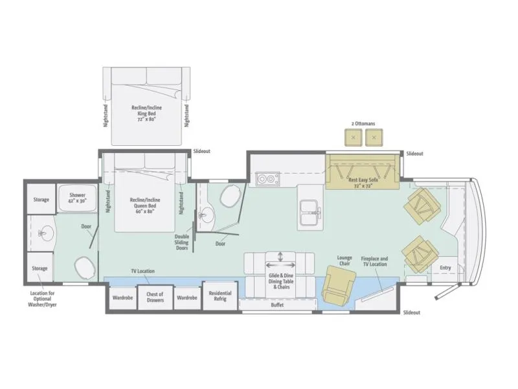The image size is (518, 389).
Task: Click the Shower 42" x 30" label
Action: point(78,198)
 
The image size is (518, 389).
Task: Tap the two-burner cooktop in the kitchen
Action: point(268,179)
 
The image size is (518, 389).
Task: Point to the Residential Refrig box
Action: point(220,296)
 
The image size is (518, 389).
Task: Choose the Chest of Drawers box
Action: point(155,297)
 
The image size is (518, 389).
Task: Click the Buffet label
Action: point(277,305)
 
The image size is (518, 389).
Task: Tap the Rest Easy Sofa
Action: point(363,172)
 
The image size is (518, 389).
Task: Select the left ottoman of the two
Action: point(354,137)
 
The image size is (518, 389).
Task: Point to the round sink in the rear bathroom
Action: point(45,233)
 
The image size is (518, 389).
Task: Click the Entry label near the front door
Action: point(445,268)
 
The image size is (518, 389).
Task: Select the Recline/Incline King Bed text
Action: point(147,113)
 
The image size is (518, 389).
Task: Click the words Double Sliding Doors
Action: point(182,242)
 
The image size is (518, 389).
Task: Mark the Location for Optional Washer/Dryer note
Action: point(42,299)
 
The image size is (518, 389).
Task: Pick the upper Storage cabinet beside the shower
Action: point(41,199)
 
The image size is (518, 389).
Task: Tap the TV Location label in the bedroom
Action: point(142,271)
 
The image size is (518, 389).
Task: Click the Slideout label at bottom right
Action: point(412,312)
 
